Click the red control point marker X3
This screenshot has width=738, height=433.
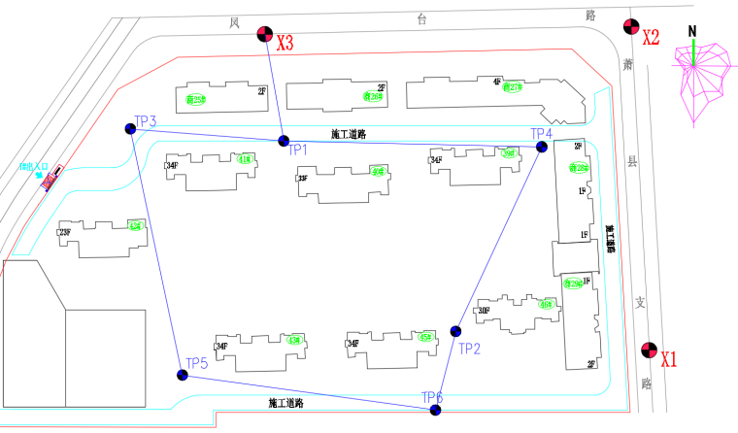click(264, 36)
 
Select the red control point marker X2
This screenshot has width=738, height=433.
click(629, 29)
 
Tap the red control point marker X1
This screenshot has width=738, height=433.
click(649, 351)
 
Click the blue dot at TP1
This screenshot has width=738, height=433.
click(284, 142)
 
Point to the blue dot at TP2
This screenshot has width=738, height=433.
click(456, 331)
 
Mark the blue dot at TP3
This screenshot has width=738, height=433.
click(131, 129)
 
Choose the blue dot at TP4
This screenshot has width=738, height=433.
click(542, 147)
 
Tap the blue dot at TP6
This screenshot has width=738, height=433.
click(435, 410)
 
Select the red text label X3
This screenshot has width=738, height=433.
click(285, 44)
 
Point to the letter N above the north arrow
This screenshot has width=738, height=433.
click(692, 30)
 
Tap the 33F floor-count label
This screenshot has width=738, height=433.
click(303, 178)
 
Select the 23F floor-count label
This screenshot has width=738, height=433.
click(65, 233)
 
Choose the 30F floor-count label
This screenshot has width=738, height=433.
click(484, 311)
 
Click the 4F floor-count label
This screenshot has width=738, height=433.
click(497, 83)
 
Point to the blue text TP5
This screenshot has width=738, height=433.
click(197, 363)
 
